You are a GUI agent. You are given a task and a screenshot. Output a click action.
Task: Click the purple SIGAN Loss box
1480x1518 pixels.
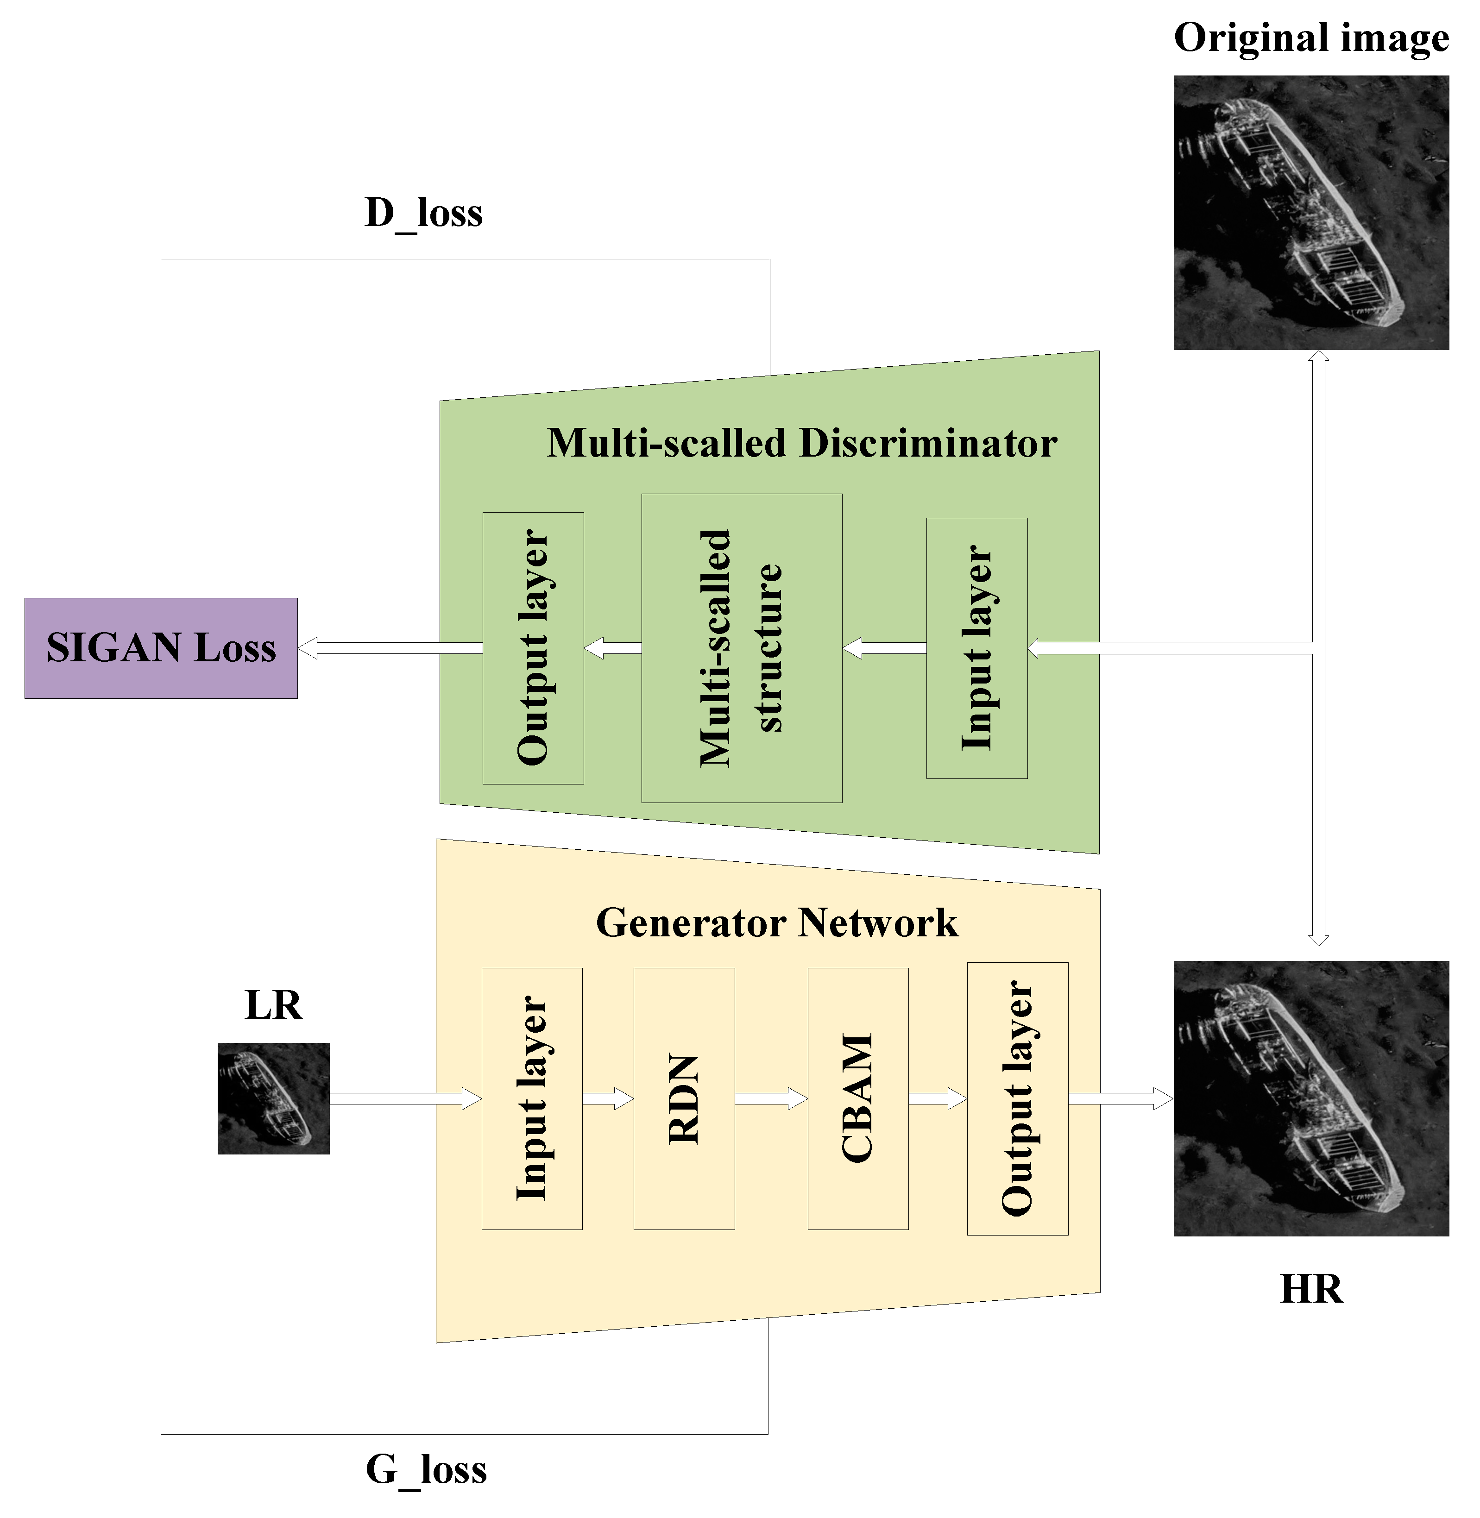(160, 648)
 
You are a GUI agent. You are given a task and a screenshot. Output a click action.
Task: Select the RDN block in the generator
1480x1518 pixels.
(684, 1099)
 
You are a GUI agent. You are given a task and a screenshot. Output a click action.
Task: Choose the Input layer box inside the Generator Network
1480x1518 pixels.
(532, 1099)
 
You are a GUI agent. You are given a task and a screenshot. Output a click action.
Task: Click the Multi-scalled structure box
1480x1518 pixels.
(742, 648)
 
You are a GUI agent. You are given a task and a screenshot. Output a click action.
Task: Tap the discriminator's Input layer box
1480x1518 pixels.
(976, 648)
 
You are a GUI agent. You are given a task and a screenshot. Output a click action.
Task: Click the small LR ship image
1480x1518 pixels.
(274, 1098)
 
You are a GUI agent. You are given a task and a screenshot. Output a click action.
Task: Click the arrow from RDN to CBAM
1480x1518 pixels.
(771, 1098)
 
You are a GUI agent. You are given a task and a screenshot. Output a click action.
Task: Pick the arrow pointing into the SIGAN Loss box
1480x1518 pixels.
(389, 648)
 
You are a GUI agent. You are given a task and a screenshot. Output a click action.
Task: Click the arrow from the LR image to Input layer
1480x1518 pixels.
(405, 1098)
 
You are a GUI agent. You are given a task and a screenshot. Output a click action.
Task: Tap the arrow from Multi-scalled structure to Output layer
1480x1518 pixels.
(612, 648)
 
